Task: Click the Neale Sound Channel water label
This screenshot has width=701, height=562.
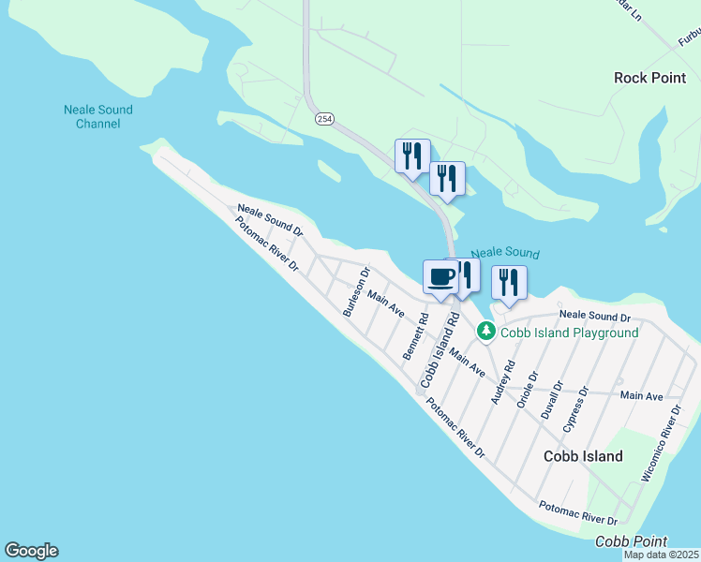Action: coord(97,117)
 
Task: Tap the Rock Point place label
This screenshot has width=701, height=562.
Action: coord(649,78)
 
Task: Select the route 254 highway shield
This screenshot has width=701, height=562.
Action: coord(324,119)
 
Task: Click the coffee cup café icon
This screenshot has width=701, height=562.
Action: coord(440,277)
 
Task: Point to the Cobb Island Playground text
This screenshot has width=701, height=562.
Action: coord(569,333)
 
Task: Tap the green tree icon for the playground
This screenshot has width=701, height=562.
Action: coord(485,331)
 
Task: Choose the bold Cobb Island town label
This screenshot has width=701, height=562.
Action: coord(583,456)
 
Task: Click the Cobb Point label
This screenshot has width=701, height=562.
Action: coord(631,541)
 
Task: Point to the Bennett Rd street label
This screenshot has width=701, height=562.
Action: coord(415,336)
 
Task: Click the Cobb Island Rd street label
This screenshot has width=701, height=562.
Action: coord(439,350)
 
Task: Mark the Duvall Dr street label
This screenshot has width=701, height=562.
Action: coord(551,398)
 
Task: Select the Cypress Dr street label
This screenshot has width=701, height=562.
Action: coord(574,409)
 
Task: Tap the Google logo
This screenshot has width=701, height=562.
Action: coord(31,551)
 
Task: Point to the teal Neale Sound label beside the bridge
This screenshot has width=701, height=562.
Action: coord(504,253)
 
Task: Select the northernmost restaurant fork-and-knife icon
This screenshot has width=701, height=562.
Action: coord(411,155)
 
